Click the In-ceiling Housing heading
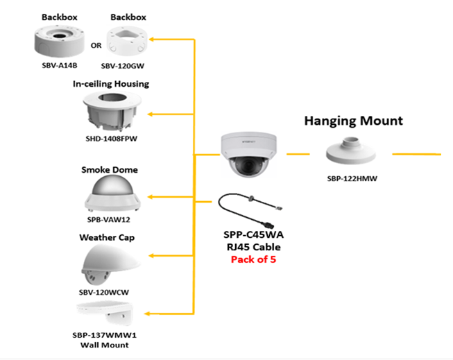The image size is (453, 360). (111, 84)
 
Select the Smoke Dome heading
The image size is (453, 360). (110, 169)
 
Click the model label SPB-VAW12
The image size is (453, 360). (109, 219)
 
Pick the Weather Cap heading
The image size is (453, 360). (107, 237)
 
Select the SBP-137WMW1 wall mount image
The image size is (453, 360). (109, 311)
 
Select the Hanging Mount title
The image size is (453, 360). (353, 121)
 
